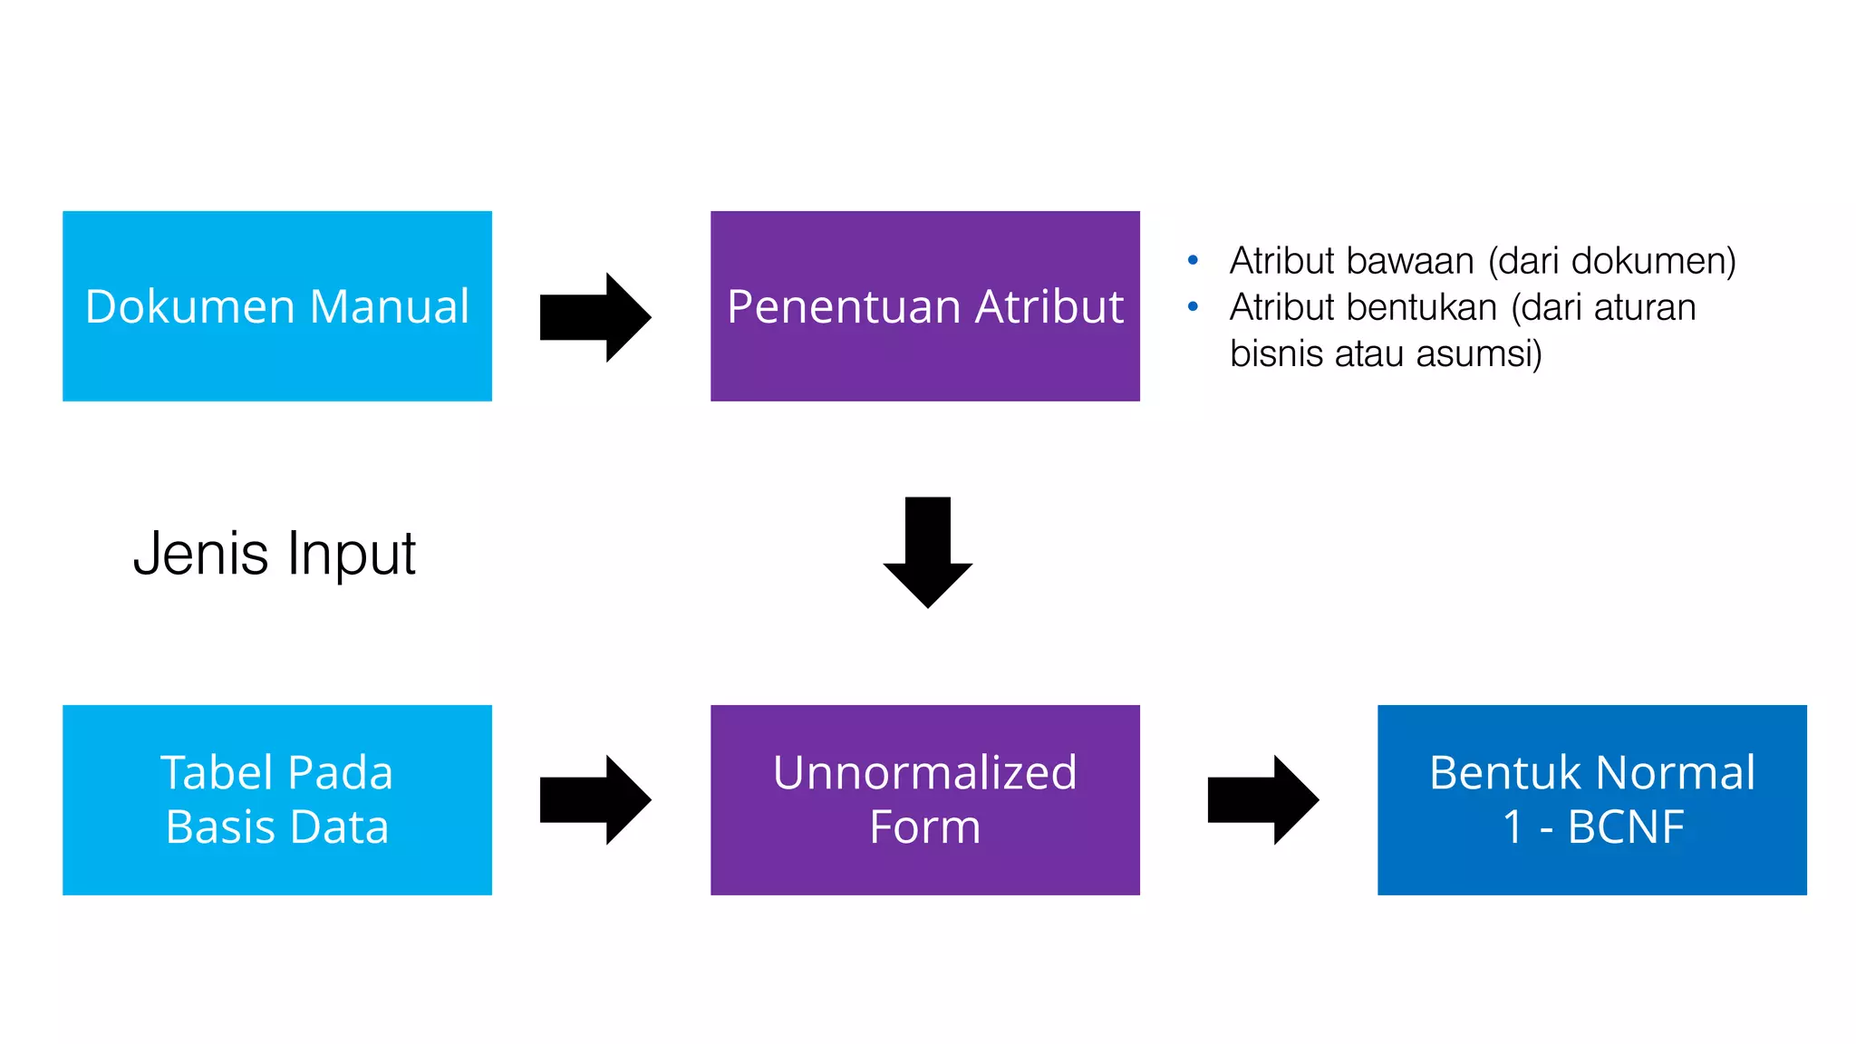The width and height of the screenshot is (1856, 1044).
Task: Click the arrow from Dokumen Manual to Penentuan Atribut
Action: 594,317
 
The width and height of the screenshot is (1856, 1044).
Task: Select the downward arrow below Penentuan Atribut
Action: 927,553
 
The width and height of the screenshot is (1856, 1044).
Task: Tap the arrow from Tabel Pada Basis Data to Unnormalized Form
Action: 594,799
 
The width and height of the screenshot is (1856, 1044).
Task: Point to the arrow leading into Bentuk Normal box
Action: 1262,799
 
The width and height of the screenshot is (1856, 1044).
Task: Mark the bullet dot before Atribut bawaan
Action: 1193,261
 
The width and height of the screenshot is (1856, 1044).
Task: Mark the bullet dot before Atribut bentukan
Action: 1193,307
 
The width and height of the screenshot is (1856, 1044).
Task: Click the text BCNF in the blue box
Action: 1626,826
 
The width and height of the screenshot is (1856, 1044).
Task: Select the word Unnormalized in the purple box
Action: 924,773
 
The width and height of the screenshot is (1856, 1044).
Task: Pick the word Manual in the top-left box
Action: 389,306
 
